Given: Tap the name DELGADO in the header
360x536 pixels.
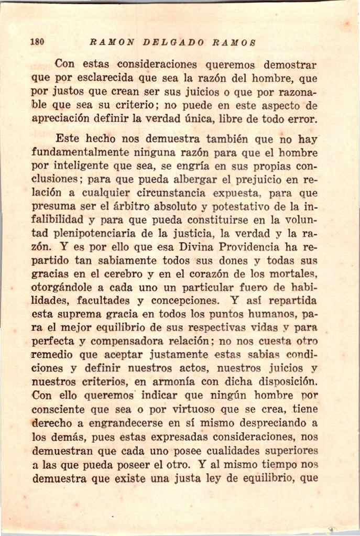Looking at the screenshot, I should tap(175, 42).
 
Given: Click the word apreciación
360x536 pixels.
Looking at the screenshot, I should tap(62, 119).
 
